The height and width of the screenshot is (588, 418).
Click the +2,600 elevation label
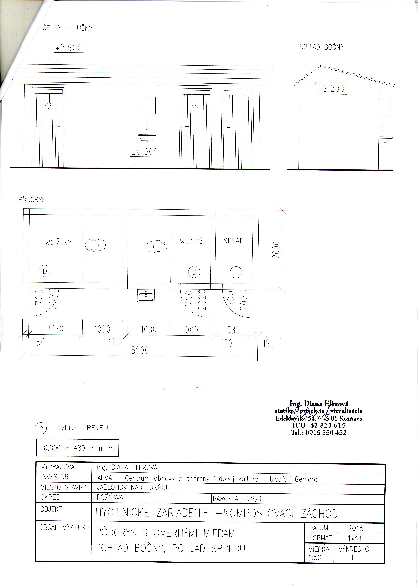point(69,48)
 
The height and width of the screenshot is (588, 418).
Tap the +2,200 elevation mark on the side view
point(331,89)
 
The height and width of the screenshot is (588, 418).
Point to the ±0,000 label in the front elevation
point(145,152)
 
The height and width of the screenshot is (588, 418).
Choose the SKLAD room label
point(233,241)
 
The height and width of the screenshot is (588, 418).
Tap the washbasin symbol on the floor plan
point(146,296)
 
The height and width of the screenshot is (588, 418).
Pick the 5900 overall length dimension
point(140,350)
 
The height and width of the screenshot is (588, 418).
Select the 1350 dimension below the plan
point(55,329)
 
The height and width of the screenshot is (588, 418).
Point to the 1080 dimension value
point(149,329)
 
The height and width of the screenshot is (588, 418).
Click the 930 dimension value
point(233,330)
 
